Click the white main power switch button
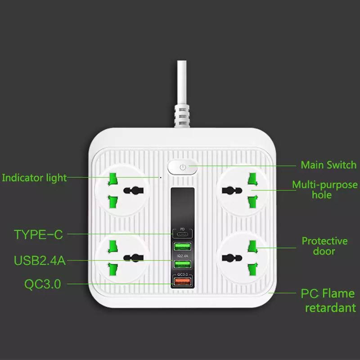tap(182, 168)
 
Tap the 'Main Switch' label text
tap(328, 165)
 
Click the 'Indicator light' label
tap(34, 177)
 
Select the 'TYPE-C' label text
tap(38, 234)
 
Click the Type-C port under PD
tap(182, 235)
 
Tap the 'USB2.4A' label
tap(40, 261)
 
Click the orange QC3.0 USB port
tap(182, 282)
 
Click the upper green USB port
tap(182, 247)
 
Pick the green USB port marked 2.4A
tap(182, 264)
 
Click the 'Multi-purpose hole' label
tap(324, 189)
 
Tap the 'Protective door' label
tap(324, 246)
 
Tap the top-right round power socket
tap(243, 189)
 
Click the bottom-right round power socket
tap(243, 257)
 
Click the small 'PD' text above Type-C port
tap(182, 229)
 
